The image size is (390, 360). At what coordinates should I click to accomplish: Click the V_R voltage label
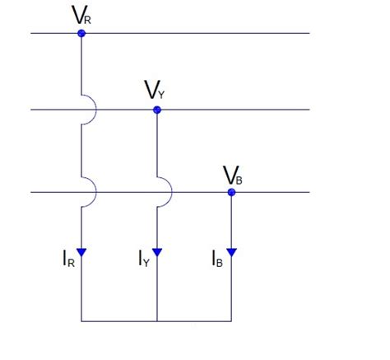[81, 14]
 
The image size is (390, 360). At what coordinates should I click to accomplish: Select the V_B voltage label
[232, 174]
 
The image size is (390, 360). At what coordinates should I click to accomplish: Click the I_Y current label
[143, 259]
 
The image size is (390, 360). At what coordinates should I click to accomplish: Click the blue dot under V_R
[81, 33]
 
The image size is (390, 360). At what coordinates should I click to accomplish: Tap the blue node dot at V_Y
[156, 110]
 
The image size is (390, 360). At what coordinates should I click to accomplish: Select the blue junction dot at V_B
[232, 193]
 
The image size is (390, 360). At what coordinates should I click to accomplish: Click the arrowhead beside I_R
[81, 252]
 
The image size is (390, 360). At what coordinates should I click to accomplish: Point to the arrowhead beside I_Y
[156, 252]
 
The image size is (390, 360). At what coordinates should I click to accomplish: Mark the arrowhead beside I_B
[232, 252]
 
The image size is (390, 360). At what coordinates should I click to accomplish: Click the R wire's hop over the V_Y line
[91, 110]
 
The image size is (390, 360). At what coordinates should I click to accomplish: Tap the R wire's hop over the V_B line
[91, 193]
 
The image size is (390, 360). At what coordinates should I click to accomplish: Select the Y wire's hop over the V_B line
[165, 193]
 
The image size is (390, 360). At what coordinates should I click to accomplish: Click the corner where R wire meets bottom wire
[81, 320]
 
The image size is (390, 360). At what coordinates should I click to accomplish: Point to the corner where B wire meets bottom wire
[232, 320]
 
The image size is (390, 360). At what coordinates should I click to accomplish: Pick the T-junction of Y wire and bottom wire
[156, 320]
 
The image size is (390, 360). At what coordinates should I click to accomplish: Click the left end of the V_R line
[31, 33]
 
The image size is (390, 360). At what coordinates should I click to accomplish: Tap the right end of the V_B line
[309, 193]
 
